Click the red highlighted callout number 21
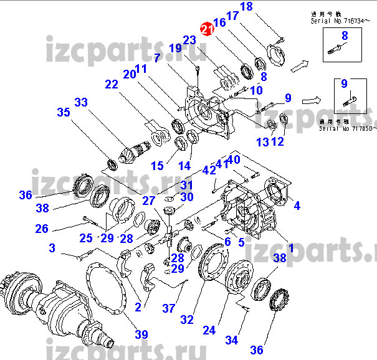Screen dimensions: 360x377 (205, 29)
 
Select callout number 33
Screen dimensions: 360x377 (81, 102)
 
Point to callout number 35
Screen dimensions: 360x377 (64, 113)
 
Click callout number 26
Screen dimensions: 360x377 (41, 229)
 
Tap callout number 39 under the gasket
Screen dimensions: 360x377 (142, 334)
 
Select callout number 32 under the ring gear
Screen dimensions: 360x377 (186, 320)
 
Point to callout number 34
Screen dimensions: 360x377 (232, 340)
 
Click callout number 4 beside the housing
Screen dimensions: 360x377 (297, 206)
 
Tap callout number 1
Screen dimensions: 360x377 (289, 238)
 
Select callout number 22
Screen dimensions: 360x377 (111, 85)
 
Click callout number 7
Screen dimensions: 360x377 (157, 57)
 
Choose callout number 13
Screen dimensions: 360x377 (262, 142)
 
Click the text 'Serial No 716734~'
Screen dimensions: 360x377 (339, 21)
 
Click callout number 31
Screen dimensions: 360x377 (187, 184)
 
